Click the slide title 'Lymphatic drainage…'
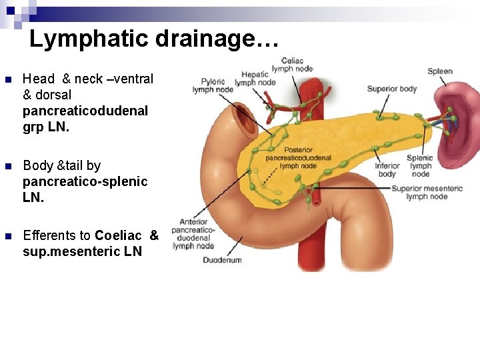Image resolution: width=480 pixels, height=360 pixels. pyautogui.click(x=153, y=39)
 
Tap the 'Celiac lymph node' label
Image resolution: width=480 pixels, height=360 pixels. pyautogui.click(x=292, y=65)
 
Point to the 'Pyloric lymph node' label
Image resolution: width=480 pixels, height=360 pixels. pyautogui.click(x=213, y=85)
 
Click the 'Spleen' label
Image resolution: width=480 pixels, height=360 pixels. pyautogui.click(x=440, y=71)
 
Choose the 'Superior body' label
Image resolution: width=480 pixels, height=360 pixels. pyautogui.click(x=392, y=89)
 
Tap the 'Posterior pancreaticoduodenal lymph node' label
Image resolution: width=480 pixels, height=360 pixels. pyautogui.click(x=298, y=158)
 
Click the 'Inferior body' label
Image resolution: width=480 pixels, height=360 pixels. pyautogui.click(x=387, y=170)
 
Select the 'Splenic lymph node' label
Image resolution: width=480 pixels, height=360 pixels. pyautogui.click(x=421, y=166)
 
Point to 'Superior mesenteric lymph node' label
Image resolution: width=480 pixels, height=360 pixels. pyautogui.click(x=427, y=193)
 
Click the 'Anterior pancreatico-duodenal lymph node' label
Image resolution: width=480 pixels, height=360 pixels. pyautogui.click(x=193, y=233)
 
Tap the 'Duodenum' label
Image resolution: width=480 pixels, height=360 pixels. pyautogui.click(x=222, y=259)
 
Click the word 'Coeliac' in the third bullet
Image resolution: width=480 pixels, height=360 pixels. pyautogui.click(x=118, y=235)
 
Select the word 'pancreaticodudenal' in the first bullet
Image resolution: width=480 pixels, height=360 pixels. pyautogui.click(x=85, y=111)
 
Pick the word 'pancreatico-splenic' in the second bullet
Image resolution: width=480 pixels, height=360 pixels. pyautogui.click(x=85, y=181)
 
